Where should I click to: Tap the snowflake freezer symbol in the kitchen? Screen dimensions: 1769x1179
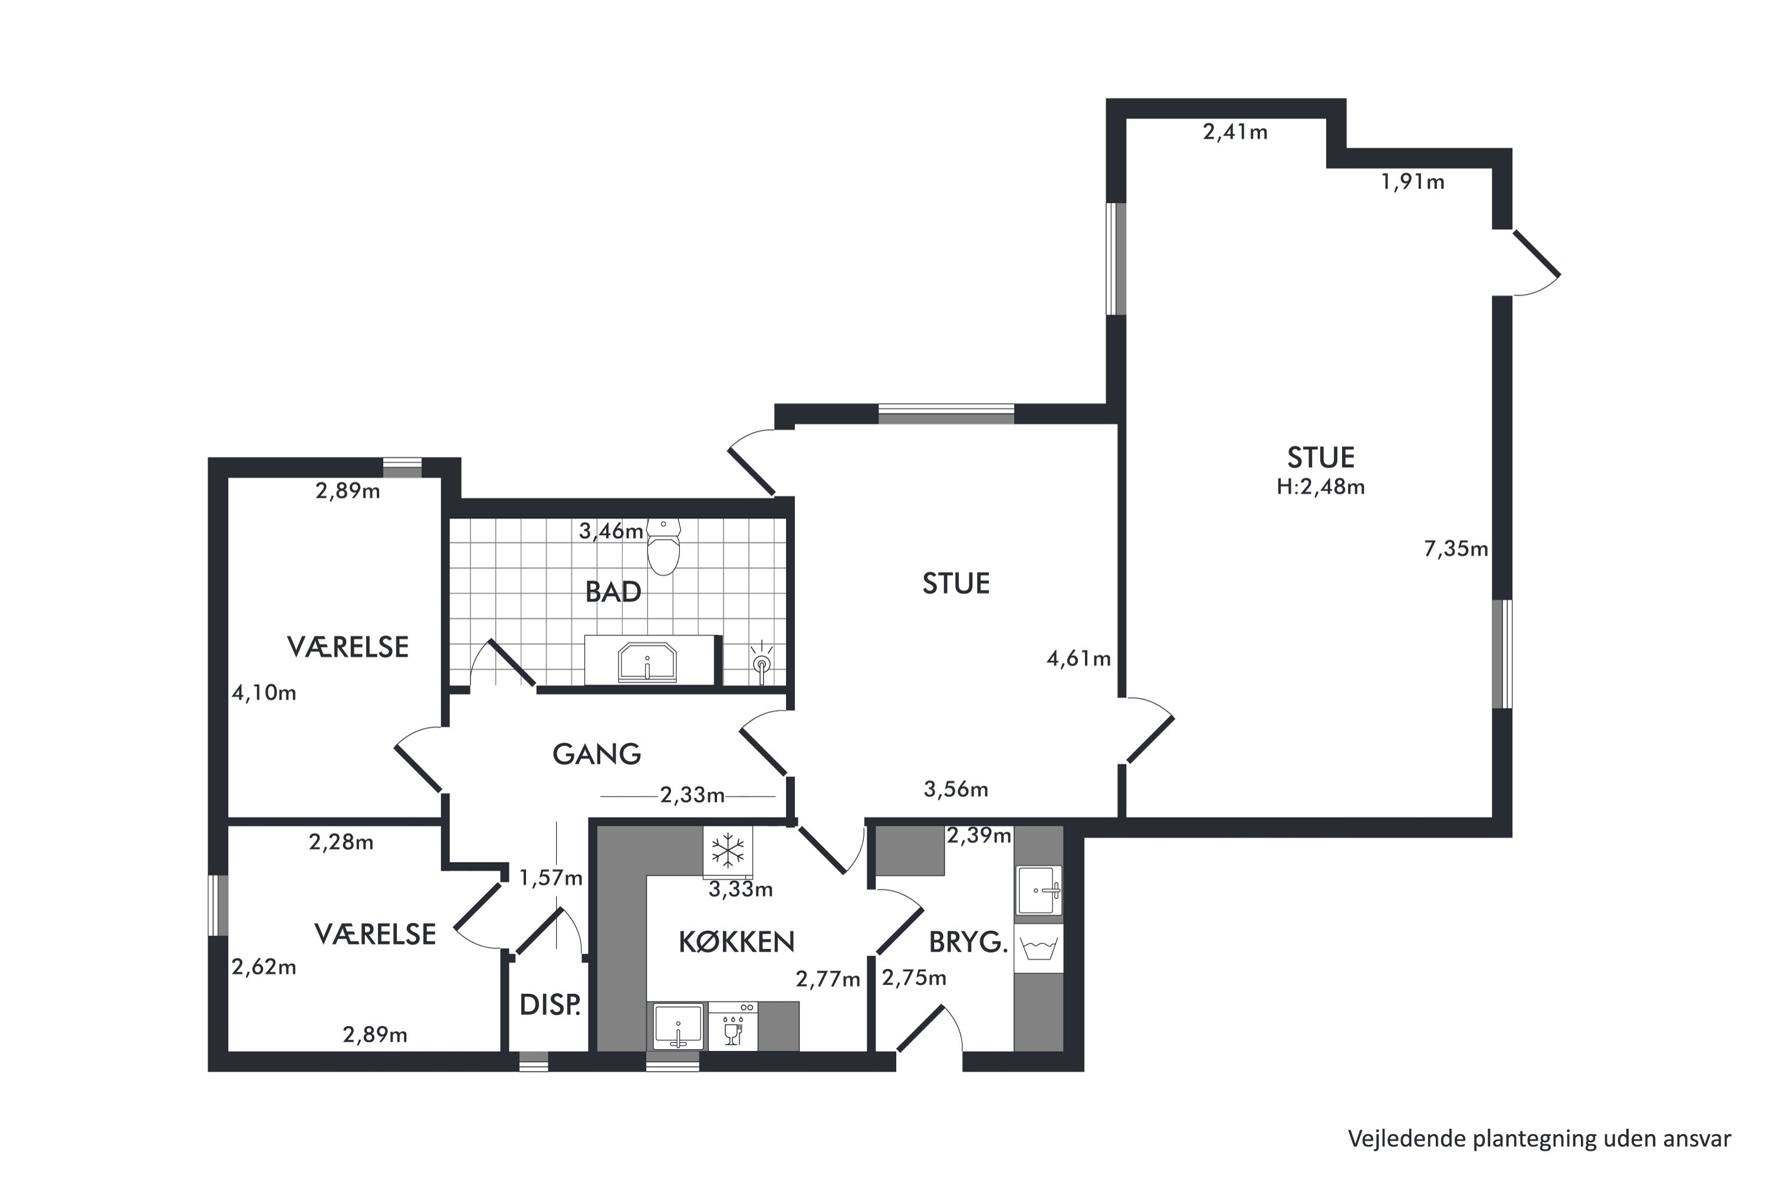pyautogui.click(x=727, y=851)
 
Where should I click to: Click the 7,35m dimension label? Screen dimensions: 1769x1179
pyautogui.click(x=1455, y=549)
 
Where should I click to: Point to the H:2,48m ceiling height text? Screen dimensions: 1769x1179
pyautogui.click(x=1321, y=488)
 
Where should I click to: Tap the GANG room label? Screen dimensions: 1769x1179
pyautogui.click(x=596, y=754)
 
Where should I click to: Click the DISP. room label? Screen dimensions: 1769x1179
pyautogui.click(x=550, y=1005)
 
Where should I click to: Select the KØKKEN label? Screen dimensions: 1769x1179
pyautogui.click(x=736, y=941)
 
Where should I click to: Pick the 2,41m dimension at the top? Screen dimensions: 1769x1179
pyautogui.click(x=1235, y=132)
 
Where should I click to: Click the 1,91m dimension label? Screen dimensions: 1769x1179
pyautogui.click(x=1412, y=182)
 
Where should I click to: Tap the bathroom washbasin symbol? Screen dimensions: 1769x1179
pyautogui.click(x=647, y=661)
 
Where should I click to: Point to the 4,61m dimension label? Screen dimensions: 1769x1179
pyautogui.click(x=1079, y=658)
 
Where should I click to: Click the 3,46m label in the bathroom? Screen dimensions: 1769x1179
pyautogui.click(x=611, y=532)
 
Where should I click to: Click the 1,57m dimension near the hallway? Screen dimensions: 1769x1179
pyautogui.click(x=551, y=878)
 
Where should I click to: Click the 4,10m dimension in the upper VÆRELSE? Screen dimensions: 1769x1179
pyautogui.click(x=264, y=693)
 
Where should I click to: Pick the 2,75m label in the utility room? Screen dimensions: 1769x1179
pyautogui.click(x=914, y=977)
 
